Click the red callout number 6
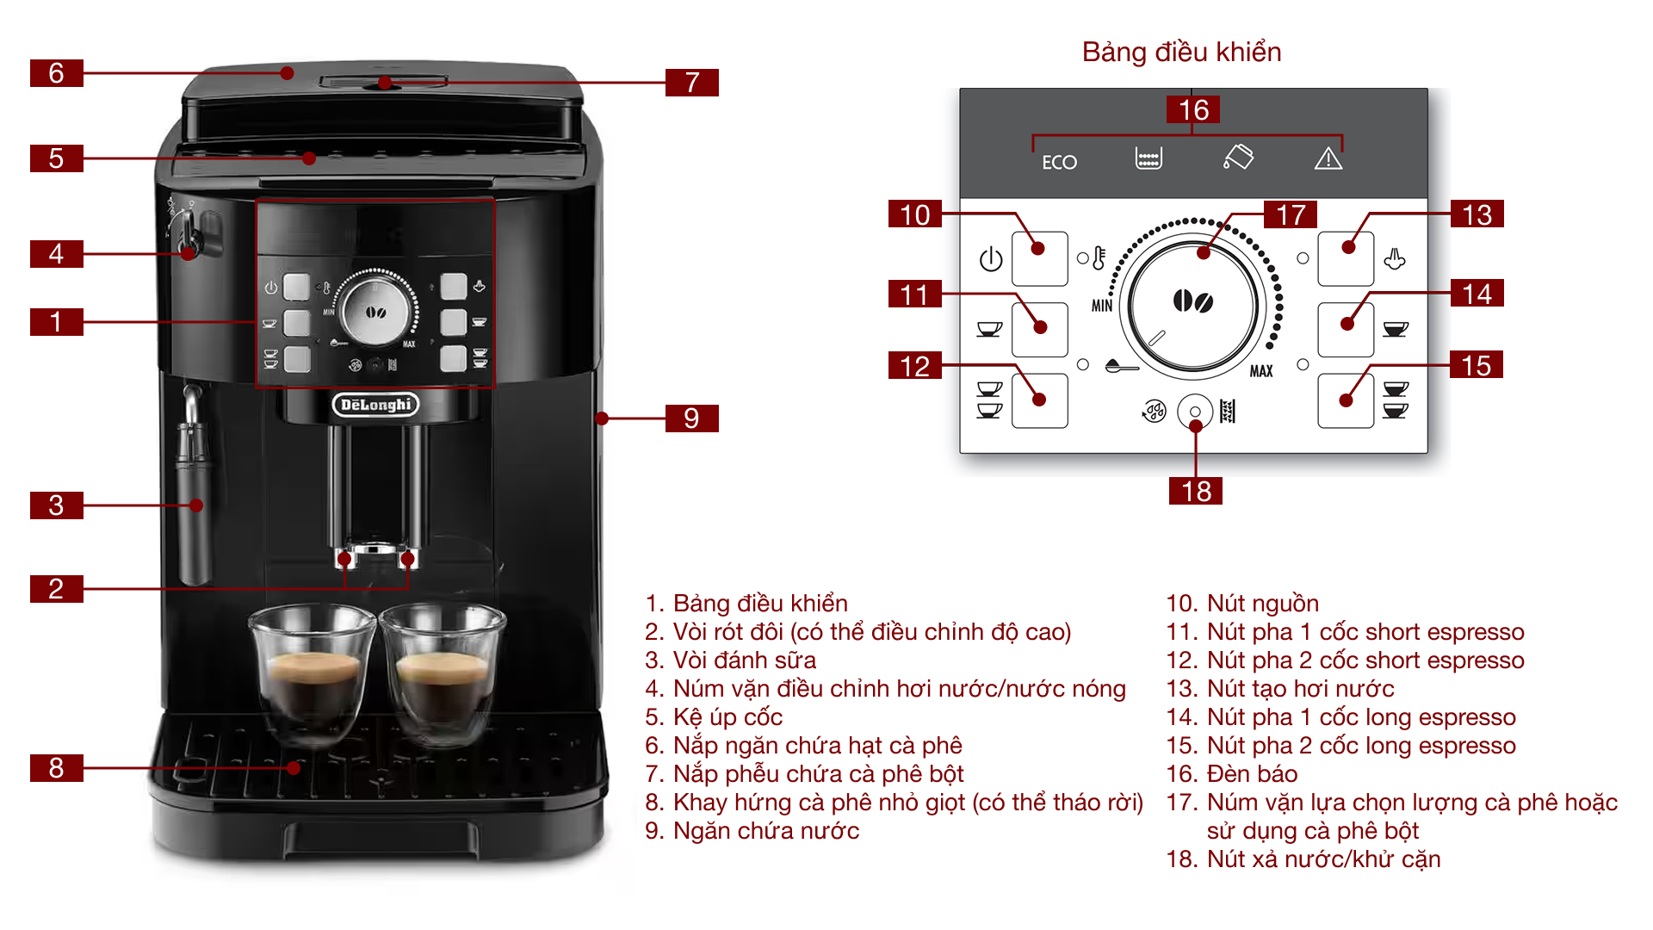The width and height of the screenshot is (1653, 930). (56, 73)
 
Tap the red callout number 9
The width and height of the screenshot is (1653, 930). (691, 418)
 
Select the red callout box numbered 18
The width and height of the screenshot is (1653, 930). (1196, 491)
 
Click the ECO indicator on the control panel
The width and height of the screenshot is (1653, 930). (1059, 162)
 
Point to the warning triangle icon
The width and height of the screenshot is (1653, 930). (1328, 158)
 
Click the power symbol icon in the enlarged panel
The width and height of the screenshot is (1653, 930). (991, 259)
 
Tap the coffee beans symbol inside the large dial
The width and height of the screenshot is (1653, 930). (1193, 301)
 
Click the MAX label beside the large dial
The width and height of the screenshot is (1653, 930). (1261, 371)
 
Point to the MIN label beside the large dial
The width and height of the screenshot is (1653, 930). (1102, 306)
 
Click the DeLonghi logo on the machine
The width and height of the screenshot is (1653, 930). (375, 405)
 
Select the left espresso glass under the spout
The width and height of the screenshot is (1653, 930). (312, 672)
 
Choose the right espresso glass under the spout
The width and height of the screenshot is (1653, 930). (443, 672)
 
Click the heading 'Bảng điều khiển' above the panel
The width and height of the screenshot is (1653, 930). (1181, 53)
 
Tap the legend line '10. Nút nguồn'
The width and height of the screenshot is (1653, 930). (1242, 604)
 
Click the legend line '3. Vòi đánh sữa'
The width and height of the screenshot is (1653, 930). (730, 660)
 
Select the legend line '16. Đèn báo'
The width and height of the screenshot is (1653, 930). (1231, 774)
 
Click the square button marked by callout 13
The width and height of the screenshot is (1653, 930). (1346, 258)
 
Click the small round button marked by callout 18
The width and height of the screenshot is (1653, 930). (1195, 412)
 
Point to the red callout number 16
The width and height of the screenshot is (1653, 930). (1193, 110)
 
